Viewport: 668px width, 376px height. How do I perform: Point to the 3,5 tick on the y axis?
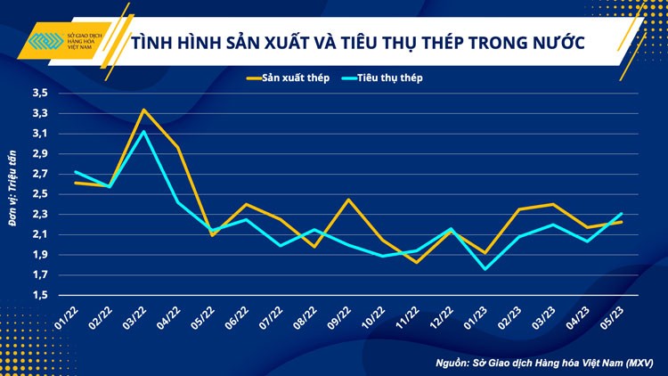[40, 93]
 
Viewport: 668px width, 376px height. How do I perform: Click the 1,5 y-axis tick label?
[40, 296]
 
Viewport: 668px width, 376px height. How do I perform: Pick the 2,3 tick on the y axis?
[40, 215]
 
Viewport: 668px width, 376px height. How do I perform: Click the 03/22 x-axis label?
[139, 316]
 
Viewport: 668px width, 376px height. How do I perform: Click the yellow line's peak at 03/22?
[143, 110]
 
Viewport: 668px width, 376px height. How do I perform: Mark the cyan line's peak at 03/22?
[143, 131]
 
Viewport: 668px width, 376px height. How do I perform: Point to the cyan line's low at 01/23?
[484, 269]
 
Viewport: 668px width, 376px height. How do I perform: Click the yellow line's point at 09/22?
[347, 200]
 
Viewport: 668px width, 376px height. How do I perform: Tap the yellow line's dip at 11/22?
[416, 262]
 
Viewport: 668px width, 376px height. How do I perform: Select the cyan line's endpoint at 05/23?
[621, 214]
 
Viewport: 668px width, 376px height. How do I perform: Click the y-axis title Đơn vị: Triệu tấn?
[14, 194]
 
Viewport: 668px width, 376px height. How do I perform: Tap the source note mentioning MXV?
[544, 363]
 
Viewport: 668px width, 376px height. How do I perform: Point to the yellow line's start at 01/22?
[76, 183]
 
